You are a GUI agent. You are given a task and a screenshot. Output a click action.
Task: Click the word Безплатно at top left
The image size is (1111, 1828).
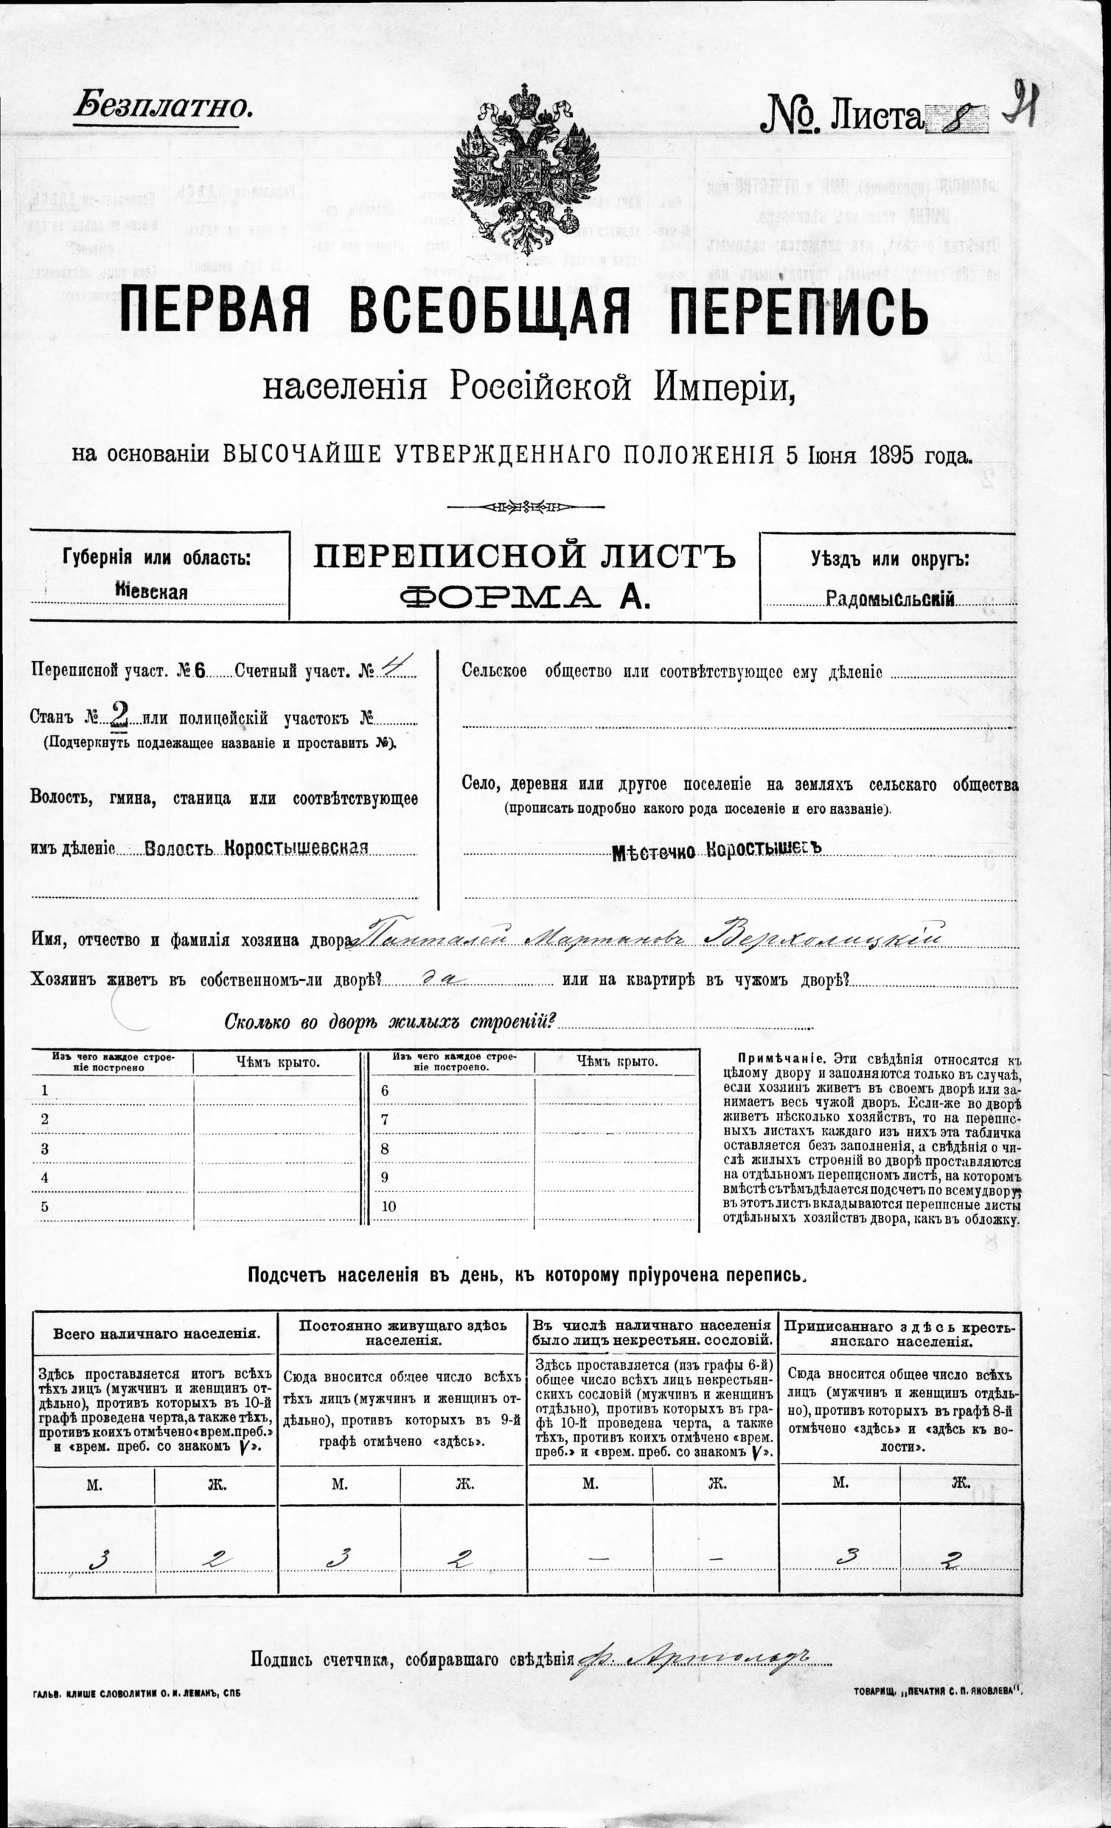(161, 107)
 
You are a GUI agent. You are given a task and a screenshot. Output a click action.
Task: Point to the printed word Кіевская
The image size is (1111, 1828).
(152, 592)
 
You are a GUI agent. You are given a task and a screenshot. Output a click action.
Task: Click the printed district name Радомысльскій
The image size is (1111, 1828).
(889, 598)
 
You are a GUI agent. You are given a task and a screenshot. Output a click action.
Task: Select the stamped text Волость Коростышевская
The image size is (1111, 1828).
(257, 848)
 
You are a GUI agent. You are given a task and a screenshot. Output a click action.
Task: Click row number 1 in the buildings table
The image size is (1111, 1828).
(45, 1090)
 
